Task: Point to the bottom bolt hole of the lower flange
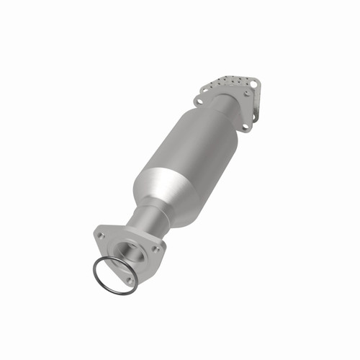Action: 129,281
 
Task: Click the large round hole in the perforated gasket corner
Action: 253,85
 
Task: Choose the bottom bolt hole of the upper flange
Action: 246,127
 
